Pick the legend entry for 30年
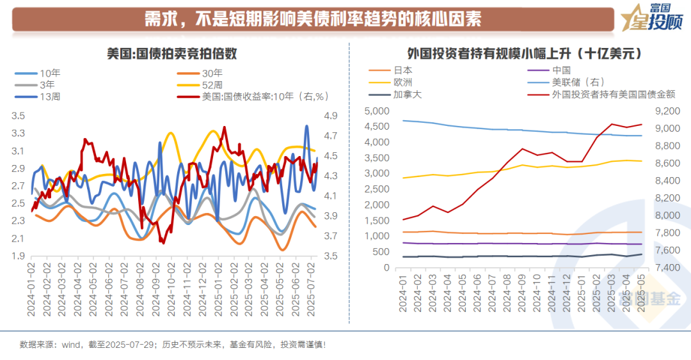click(x=212, y=73)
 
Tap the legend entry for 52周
click(x=212, y=84)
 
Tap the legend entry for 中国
click(x=560, y=70)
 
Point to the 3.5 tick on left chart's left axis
click(x=19, y=116)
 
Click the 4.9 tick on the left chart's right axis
click(x=331, y=116)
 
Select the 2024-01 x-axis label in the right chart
click(x=403, y=295)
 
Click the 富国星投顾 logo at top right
click(x=652, y=19)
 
